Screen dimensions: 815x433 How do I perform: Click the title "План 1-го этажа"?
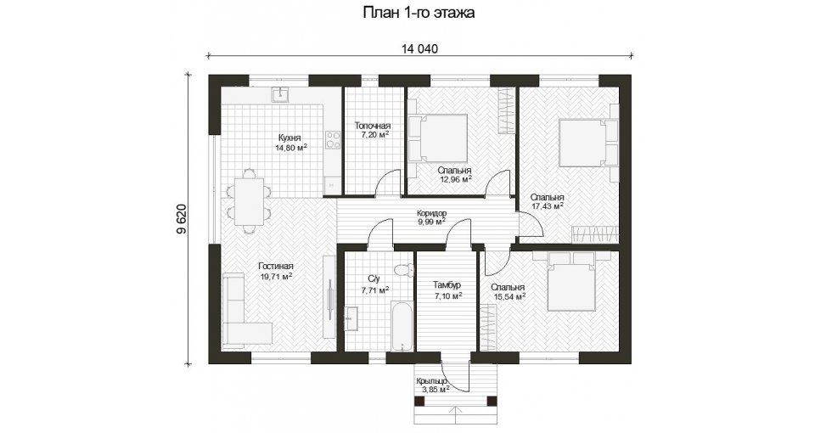click(x=419, y=13)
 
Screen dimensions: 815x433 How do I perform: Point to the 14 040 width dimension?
click(x=419, y=49)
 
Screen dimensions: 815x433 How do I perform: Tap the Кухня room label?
click(x=289, y=138)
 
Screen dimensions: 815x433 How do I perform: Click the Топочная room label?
click(x=372, y=126)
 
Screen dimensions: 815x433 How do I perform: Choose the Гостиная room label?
click(x=275, y=267)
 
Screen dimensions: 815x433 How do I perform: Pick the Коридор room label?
click(x=431, y=213)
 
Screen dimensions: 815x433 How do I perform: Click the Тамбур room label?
click(x=447, y=285)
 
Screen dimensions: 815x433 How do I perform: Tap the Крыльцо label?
click(x=431, y=381)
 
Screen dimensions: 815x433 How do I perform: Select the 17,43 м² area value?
click(x=548, y=206)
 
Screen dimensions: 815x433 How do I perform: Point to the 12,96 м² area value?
click(x=455, y=179)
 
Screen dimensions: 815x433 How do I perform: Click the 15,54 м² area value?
click(x=509, y=296)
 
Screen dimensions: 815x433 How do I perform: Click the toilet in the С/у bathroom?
click(x=402, y=270)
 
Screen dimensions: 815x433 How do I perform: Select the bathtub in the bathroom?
click(x=402, y=328)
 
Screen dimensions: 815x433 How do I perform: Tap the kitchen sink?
click(x=281, y=94)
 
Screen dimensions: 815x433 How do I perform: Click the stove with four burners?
click(x=333, y=139)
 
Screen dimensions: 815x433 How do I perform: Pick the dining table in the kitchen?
click(x=249, y=202)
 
